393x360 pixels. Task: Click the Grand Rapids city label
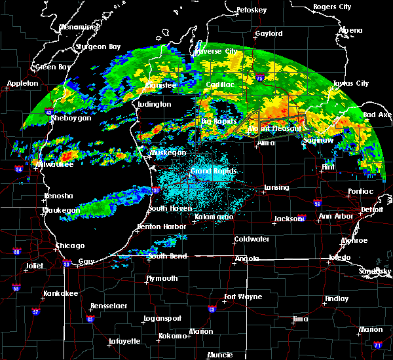[214, 171]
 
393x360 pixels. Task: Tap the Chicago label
[70, 245]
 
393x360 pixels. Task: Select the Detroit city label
[371, 209]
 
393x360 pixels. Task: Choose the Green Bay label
[50, 67]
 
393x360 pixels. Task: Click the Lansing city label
[276, 187]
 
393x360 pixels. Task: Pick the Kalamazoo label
[214, 217]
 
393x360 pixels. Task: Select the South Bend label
[167, 256]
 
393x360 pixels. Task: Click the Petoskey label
[251, 10]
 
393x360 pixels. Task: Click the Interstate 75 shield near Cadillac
[259, 78]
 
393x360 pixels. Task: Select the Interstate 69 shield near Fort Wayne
[212, 310]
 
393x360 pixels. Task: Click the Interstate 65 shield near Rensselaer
[90, 319]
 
